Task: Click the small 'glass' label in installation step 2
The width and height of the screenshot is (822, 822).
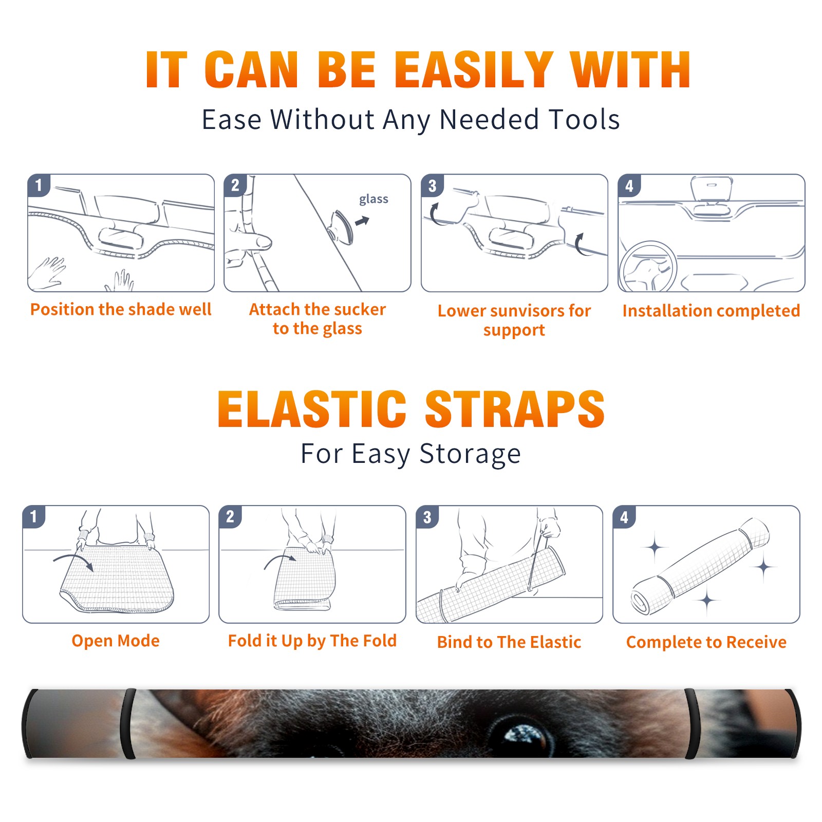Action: (x=373, y=199)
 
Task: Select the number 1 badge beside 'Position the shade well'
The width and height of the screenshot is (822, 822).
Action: (x=39, y=185)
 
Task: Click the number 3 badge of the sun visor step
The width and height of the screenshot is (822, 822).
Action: (x=432, y=185)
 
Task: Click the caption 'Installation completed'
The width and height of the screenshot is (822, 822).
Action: (x=711, y=311)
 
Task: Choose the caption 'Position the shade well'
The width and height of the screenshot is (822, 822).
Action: (x=121, y=309)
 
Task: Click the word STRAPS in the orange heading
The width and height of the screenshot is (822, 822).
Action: (x=515, y=409)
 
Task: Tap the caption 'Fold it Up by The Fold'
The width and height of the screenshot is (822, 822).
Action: (x=312, y=641)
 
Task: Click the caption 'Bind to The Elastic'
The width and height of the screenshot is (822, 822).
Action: (x=509, y=642)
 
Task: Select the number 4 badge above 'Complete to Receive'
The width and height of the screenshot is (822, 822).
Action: (x=624, y=517)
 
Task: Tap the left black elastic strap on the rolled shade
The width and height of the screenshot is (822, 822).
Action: (x=129, y=724)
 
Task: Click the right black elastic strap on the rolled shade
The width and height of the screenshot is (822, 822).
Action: (x=692, y=724)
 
